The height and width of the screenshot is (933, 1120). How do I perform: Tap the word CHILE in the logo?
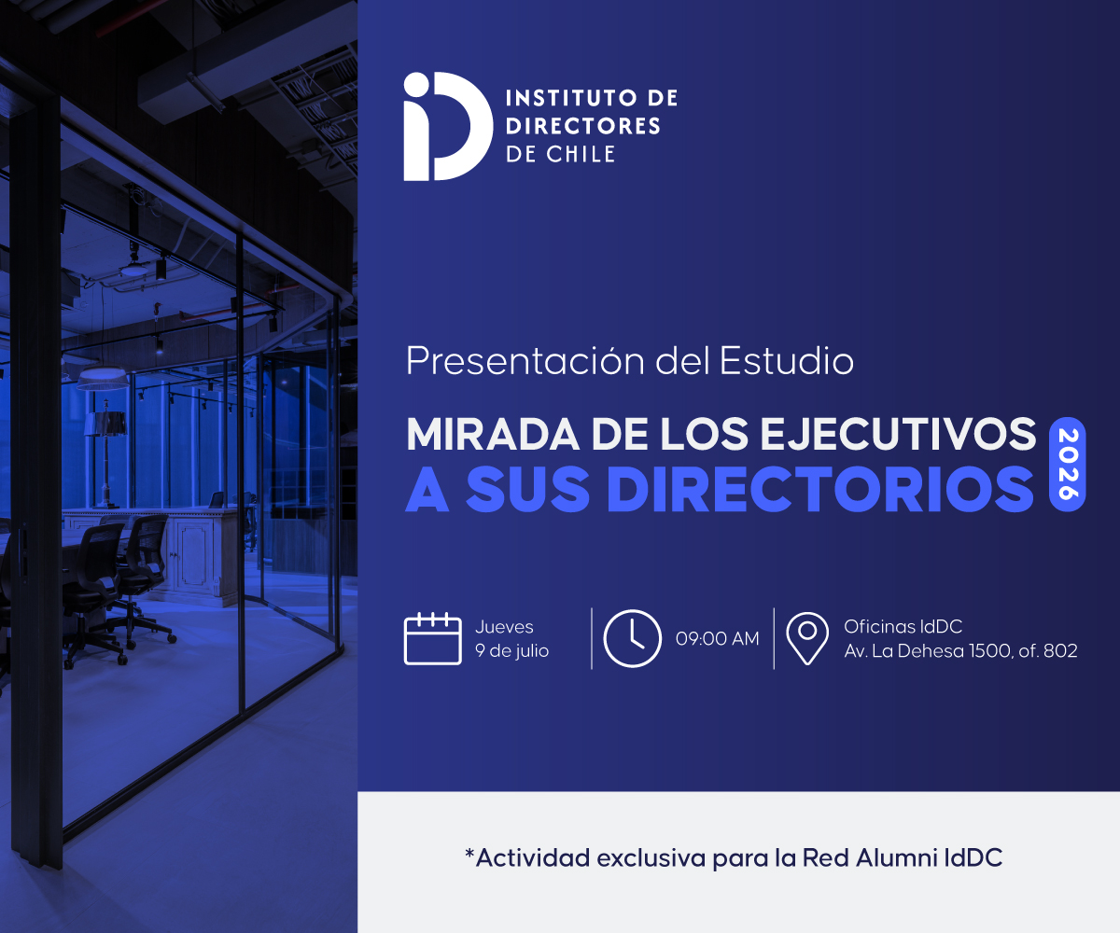click(x=581, y=155)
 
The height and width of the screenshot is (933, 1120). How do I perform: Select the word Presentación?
click(x=525, y=361)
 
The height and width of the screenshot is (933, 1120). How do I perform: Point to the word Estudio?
click(x=787, y=360)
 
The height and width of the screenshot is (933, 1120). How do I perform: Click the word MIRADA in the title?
click(x=493, y=434)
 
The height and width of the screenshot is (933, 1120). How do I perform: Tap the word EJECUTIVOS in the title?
click(x=899, y=434)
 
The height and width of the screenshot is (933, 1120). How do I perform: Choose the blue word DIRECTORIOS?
click(x=820, y=489)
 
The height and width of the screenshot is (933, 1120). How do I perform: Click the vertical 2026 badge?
click(x=1068, y=464)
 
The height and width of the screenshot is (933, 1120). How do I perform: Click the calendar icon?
click(x=432, y=638)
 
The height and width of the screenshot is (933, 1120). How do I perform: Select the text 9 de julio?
click(x=511, y=651)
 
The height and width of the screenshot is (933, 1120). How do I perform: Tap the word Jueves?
click(x=504, y=627)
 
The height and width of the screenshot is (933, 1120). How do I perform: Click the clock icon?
click(x=632, y=638)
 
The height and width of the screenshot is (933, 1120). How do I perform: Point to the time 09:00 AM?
click(x=717, y=638)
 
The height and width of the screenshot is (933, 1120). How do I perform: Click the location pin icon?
click(x=807, y=638)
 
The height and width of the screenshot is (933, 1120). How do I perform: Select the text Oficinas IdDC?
click(x=903, y=626)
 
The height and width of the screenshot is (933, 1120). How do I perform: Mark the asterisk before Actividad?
click(x=469, y=853)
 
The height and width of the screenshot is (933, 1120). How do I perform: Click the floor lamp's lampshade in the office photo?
click(x=105, y=423)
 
